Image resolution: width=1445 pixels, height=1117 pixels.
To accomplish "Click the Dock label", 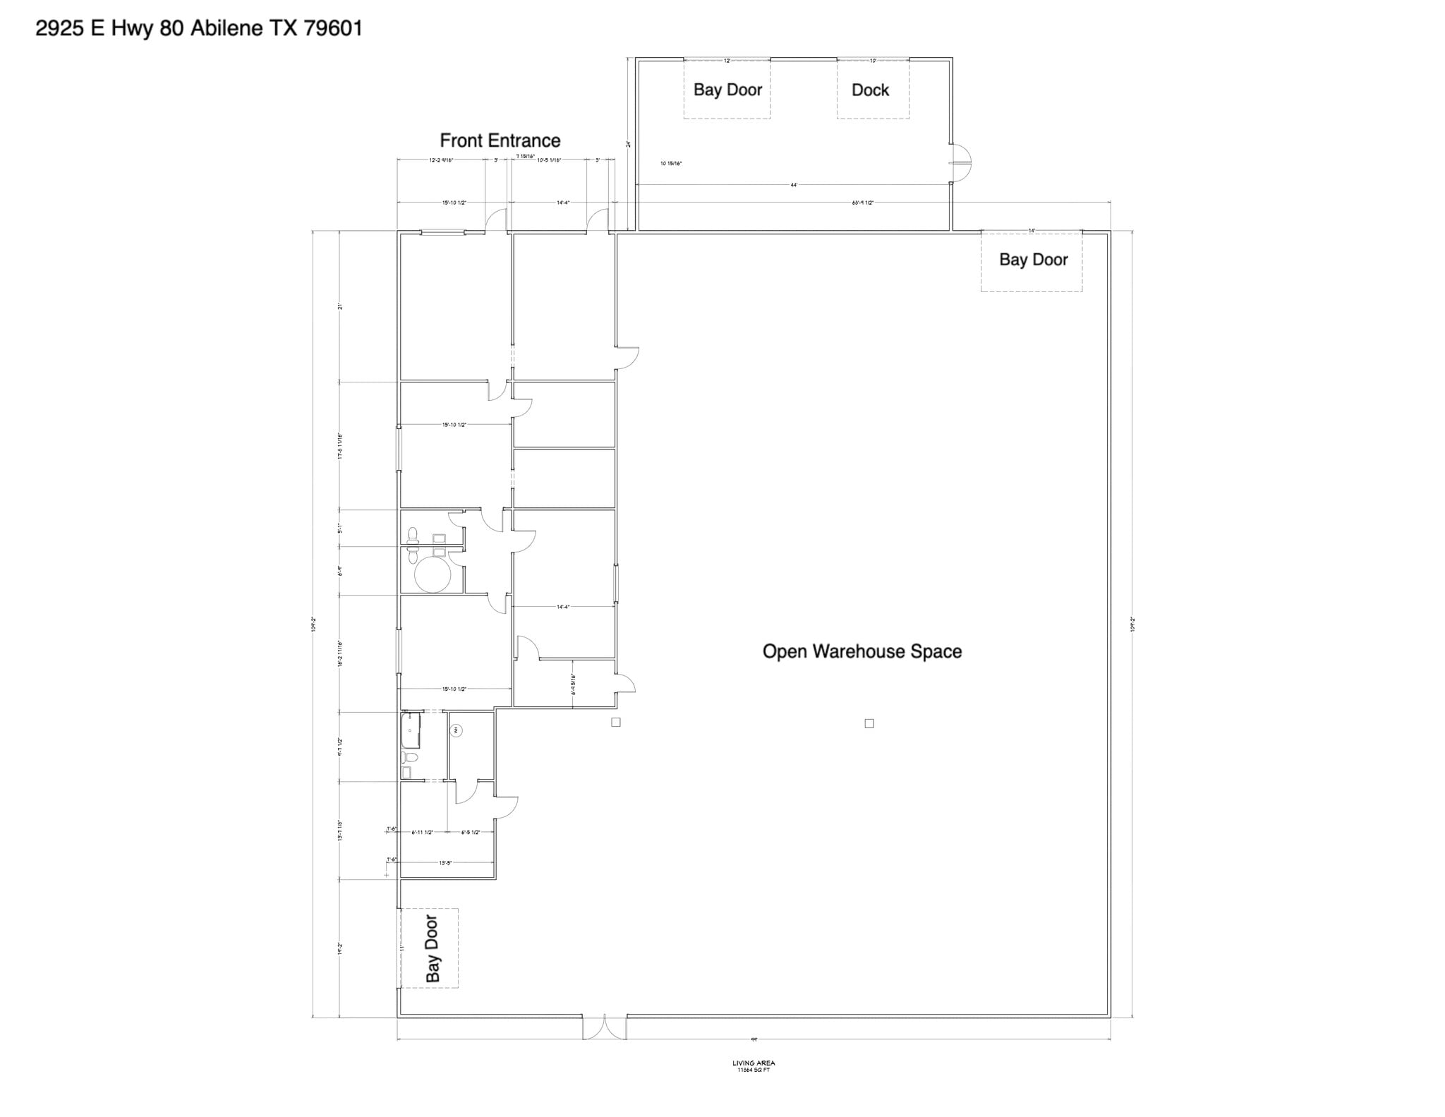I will (x=870, y=90).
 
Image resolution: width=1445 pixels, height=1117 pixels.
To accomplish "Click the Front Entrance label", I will (x=500, y=140).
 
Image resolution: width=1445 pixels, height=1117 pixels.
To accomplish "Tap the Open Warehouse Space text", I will (x=861, y=651).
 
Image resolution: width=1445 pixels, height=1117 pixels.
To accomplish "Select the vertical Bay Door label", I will (x=432, y=948).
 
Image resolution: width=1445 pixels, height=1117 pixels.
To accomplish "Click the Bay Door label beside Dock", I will (x=727, y=90).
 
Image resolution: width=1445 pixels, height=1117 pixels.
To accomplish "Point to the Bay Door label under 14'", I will (x=1033, y=260).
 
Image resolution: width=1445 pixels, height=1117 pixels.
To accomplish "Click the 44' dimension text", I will (x=794, y=185).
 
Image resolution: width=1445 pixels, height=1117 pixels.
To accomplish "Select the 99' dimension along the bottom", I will (x=754, y=1039).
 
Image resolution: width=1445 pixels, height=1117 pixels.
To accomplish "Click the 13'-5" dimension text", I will (x=445, y=862).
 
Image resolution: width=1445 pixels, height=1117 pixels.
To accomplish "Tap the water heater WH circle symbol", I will (x=457, y=730).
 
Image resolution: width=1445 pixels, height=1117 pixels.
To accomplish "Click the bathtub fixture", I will (x=410, y=730).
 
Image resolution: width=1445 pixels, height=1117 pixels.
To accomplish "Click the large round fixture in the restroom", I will (x=432, y=574).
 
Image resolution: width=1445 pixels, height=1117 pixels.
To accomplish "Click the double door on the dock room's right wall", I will (x=960, y=163).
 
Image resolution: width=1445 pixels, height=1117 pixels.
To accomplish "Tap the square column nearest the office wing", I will (x=615, y=723).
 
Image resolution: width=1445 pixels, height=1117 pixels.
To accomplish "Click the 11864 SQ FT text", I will (x=754, y=1070).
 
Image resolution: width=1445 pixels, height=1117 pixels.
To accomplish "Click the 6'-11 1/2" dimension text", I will (x=422, y=833).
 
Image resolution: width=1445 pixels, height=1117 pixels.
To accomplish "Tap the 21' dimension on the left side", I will (x=339, y=306).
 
